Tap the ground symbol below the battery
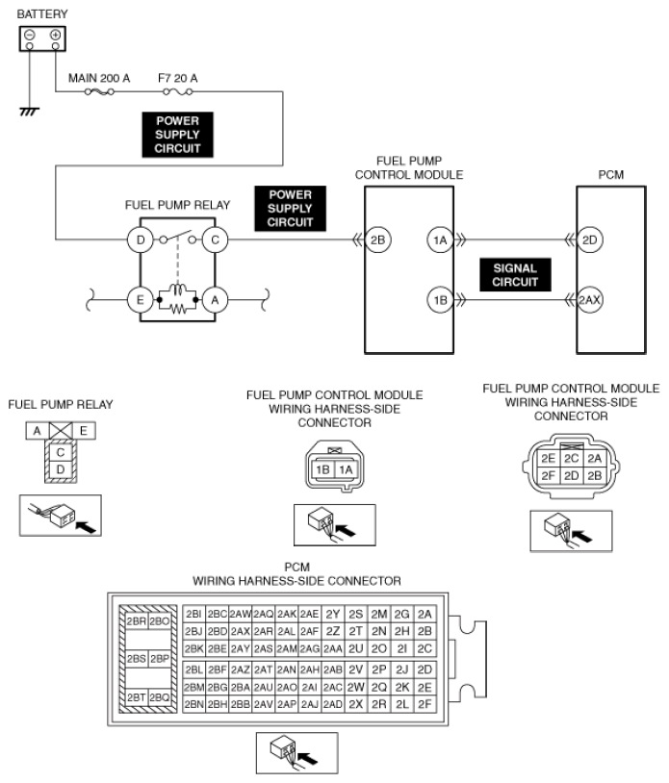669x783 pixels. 31,111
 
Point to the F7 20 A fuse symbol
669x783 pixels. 178,92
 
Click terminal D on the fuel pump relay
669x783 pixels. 142,239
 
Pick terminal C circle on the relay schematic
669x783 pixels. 216,239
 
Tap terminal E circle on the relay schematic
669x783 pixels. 142,300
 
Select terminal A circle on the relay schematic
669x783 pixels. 216,300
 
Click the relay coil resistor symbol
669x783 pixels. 178,309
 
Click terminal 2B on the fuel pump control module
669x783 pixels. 378,240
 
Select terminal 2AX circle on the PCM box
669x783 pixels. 590,300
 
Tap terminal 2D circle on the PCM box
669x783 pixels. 590,240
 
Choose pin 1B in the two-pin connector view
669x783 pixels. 322,469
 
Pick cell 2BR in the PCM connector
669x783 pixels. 136,621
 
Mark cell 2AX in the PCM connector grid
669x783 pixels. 241,631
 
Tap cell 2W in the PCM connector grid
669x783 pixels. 357,687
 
